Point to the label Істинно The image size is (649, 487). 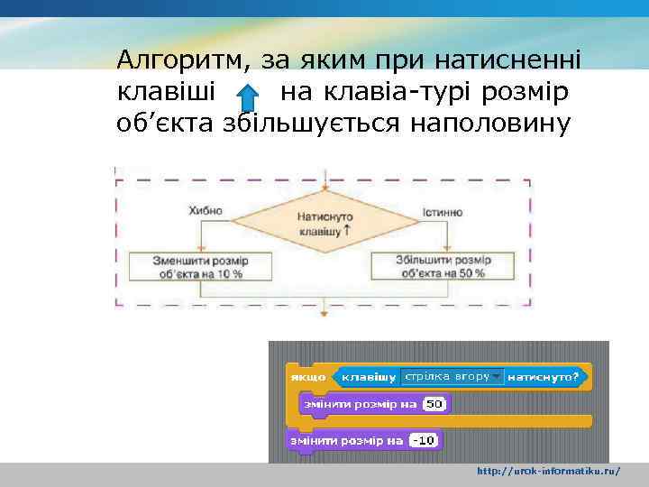coord(443,212)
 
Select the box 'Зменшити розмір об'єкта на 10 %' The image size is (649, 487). coord(200,266)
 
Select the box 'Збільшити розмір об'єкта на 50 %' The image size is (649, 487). coord(443,266)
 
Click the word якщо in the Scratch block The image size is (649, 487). coord(306,376)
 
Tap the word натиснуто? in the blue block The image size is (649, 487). coord(544,376)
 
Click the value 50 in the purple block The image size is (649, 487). coord(434,405)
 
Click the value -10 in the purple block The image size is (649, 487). coord(424,440)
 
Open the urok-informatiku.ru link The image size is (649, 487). coord(548,472)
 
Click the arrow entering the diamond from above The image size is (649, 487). coord(324,180)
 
